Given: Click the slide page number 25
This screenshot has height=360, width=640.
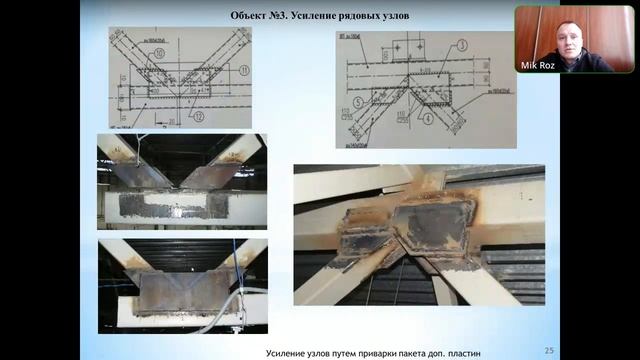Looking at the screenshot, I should tap(548, 349).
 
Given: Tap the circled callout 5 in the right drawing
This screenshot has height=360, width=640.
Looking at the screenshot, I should tap(355, 102).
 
